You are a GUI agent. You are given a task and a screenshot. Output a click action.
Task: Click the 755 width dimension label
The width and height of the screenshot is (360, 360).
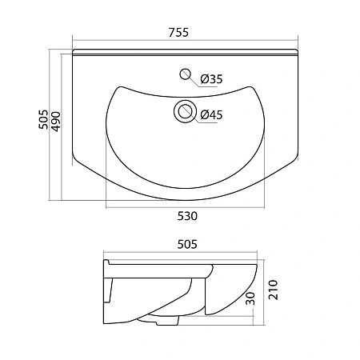tap(180, 32)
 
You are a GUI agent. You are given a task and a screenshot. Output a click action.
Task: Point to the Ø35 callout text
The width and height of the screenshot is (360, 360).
tap(213, 78)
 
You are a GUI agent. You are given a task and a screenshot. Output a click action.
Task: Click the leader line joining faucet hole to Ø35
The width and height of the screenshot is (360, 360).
tap(194, 78)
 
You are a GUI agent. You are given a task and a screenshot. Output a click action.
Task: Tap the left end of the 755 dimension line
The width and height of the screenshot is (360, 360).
tap(72, 40)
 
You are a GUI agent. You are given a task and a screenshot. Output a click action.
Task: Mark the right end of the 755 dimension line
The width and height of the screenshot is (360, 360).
tap(297, 40)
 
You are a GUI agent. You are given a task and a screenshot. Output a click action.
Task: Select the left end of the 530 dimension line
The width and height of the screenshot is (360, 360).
tap(106, 207)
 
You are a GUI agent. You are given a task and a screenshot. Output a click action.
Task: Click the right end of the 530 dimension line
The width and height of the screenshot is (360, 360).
tap(265, 207)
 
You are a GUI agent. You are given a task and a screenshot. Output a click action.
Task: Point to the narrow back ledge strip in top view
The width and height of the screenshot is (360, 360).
tap(184, 53)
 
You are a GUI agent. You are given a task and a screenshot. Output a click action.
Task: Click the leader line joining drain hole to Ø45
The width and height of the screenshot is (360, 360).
tap(196, 114)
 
